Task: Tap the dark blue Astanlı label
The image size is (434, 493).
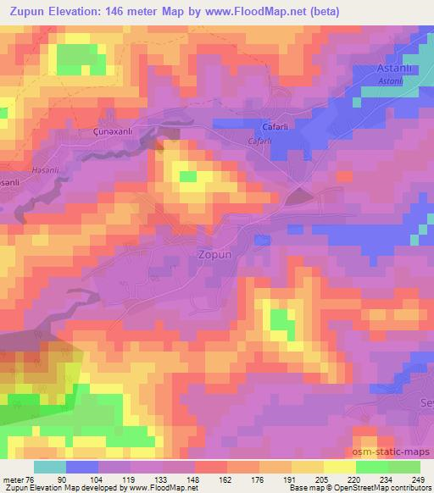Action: [x=394, y=69]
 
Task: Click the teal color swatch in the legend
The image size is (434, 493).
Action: [x=49, y=467]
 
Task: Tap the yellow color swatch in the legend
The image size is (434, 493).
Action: [x=340, y=467]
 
